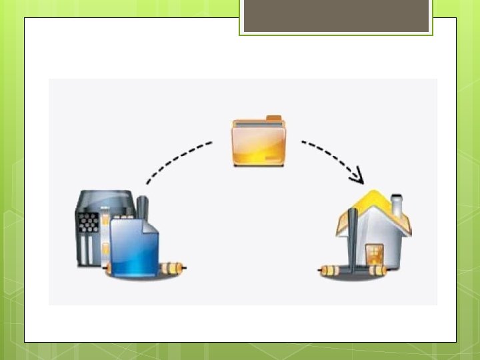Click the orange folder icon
click(x=258, y=143)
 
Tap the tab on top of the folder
click(x=274, y=119)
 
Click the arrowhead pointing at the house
click(x=358, y=177)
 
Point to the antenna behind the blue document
click(x=142, y=207)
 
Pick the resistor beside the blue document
click(x=172, y=267)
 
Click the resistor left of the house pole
click(x=331, y=271)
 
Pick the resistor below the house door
click(x=375, y=270)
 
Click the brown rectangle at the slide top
click(x=335, y=16)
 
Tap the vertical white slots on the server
click(x=85, y=251)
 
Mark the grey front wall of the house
click(x=390, y=247)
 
